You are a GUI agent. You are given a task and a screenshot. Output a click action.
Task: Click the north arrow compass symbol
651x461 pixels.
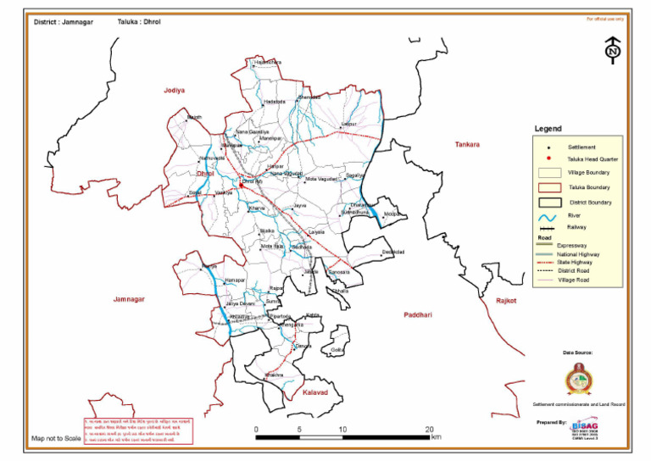(x=612, y=50)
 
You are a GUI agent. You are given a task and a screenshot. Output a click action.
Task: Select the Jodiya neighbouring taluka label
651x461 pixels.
(x=175, y=89)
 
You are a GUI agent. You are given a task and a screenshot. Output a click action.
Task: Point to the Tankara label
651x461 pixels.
(x=466, y=144)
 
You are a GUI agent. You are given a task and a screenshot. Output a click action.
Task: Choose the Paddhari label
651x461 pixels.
(x=418, y=314)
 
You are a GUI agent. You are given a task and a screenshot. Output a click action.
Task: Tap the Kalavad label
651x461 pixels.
(x=315, y=393)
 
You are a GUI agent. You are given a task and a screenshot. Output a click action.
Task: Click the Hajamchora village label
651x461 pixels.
(x=267, y=63)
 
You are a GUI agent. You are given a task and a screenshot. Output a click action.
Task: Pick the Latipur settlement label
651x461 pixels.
(x=348, y=125)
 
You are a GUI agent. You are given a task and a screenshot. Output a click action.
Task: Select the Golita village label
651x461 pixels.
(x=339, y=349)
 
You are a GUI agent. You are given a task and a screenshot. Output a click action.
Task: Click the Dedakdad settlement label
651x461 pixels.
(x=393, y=252)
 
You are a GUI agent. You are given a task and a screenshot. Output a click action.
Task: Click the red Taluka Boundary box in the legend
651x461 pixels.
(x=548, y=186)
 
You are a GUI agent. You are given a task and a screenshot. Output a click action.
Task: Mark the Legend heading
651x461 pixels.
(x=548, y=129)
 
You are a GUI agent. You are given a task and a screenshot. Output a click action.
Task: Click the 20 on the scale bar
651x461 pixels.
(x=430, y=430)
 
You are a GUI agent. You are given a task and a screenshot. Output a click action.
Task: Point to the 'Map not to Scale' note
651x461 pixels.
(x=56, y=438)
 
